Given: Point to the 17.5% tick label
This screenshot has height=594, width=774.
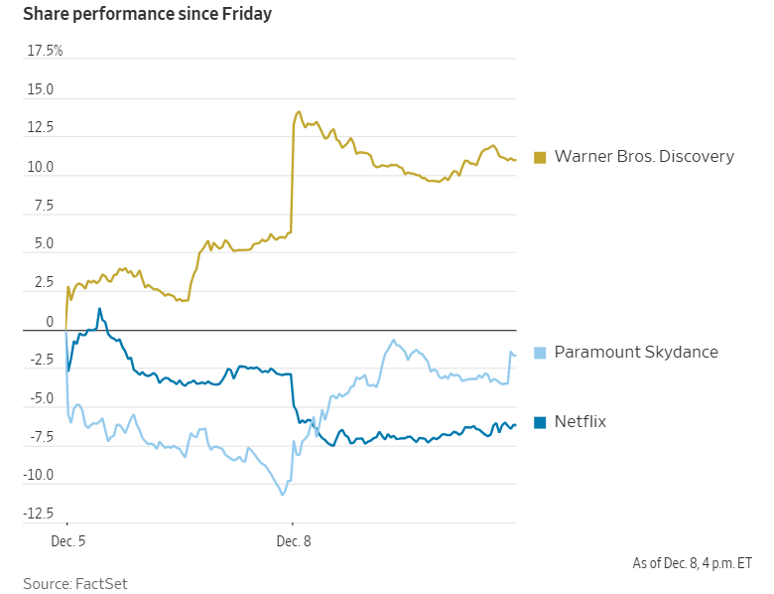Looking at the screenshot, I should tap(45, 51).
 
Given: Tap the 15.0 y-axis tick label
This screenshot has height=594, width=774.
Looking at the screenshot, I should tap(41, 90).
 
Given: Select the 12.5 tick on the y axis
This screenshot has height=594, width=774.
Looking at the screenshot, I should tap(41, 128).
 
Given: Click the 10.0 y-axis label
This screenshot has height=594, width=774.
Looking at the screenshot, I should tap(41, 167).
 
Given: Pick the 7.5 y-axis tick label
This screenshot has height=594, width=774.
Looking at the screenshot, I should tap(43, 206).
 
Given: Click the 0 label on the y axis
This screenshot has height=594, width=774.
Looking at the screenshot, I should tap(49, 322).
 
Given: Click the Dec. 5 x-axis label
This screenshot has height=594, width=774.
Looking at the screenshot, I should tap(68, 541).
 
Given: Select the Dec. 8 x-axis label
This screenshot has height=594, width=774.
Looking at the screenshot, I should tap(294, 541).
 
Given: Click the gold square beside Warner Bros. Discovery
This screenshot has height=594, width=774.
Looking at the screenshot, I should tap(540, 157).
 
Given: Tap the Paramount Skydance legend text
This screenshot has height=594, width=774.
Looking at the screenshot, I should tap(636, 352).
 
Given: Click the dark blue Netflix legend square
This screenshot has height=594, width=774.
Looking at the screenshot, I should tap(540, 422).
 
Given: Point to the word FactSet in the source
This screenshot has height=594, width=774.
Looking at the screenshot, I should tap(101, 583).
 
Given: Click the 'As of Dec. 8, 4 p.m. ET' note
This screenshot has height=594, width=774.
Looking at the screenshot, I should tap(692, 563).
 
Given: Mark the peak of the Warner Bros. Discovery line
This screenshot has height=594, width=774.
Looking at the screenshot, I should tap(298, 112).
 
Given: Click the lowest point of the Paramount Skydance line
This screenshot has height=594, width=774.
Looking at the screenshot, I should tap(283, 495).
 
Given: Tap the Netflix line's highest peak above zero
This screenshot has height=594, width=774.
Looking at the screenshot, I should tap(99, 309).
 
